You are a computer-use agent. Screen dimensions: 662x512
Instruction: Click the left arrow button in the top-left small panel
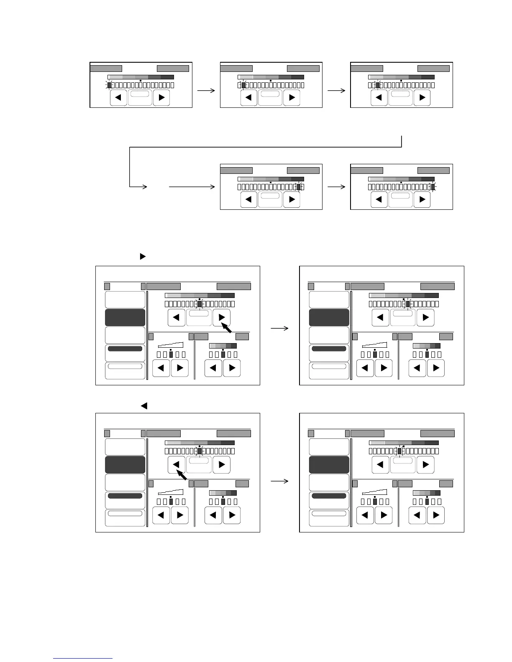[x=118, y=98]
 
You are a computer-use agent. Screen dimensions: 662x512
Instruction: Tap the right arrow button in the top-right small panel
[x=422, y=98]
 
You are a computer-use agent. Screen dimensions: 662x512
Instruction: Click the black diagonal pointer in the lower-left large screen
[x=181, y=475]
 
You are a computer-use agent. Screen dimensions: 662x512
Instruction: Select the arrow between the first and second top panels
[x=206, y=90]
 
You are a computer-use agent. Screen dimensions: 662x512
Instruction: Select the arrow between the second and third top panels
[x=336, y=90]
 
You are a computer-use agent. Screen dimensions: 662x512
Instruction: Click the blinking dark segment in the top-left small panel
[x=109, y=85]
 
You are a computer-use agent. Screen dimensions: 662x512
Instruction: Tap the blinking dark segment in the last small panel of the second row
[x=433, y=187]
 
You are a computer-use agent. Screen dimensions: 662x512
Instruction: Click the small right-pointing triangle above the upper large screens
[x=143, y=256]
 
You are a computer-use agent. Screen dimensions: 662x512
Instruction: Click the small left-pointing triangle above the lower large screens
[x=144, y=405]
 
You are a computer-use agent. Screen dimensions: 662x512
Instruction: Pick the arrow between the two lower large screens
[x=279, y=481]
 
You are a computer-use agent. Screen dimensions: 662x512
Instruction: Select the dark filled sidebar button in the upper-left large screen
[x=125, y=318]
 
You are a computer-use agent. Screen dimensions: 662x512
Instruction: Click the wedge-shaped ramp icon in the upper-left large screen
[x=171, y=344]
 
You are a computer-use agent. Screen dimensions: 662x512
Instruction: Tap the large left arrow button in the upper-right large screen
[x=380, y=318]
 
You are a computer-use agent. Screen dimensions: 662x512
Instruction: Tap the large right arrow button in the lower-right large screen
[x=426, y=465]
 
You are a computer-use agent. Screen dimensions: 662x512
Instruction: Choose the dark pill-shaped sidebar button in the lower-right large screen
[x=329, y=496]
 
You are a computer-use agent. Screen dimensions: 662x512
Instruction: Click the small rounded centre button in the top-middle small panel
[x=270, y=94]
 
